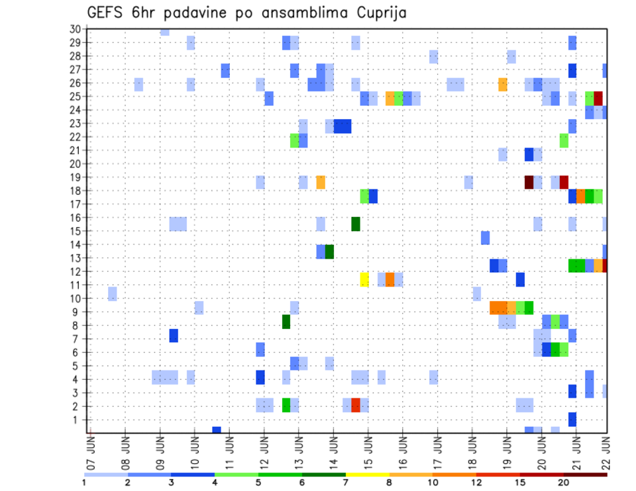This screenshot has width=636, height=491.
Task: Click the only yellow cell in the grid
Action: pos(364,279)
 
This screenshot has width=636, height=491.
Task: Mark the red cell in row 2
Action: pos(356,405)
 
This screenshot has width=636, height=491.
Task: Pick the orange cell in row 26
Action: pos(503,84)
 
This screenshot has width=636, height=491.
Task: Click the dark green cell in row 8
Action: pos(286,322)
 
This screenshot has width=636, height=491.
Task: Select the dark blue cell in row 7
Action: pos(174,335)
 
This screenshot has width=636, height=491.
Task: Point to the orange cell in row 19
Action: pos(321,182)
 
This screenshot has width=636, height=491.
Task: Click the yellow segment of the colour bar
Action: pos(367,474)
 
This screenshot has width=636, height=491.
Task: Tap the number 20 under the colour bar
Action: pos(563,483)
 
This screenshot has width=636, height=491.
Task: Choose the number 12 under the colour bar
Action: pos(476,483)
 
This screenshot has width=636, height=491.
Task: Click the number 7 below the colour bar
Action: pos(345,483)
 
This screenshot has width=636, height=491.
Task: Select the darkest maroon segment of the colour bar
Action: pos(585,474)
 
